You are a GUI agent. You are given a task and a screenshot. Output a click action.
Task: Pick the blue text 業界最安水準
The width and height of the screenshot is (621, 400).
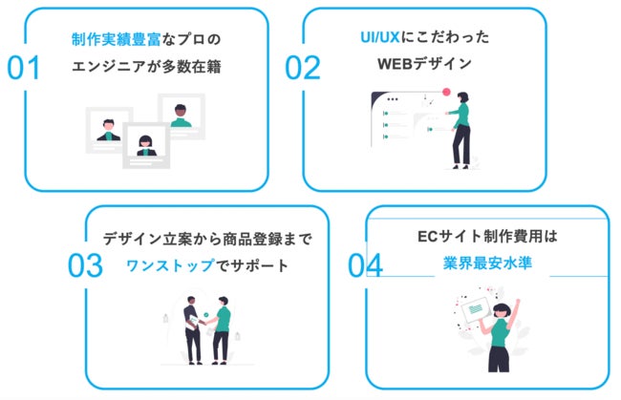(486, 263)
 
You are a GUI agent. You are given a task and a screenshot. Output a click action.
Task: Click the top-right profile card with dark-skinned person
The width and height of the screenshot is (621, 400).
(181, 116)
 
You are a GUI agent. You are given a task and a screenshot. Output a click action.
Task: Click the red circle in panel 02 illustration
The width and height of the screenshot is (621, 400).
(445, 92)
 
